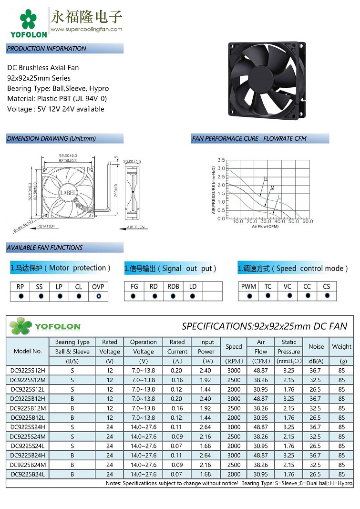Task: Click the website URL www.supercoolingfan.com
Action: (x=86, y=29)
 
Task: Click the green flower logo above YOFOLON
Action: (x=28, y=19)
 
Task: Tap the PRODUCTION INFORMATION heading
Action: (x=47, y=48)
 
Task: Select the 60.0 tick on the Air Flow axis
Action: (x=308, y=222)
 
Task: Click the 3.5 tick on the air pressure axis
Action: (x=221, y=160)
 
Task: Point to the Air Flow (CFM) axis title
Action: (x=265, y=227)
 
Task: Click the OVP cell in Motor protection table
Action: (x=98, y=287)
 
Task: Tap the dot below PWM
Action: (x=248, y=296)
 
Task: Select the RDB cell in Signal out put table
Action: (x=173, y=287)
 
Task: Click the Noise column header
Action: (x=316, y=347)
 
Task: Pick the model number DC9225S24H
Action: (x=28, y=427)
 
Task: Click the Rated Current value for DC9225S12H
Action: (x=177, y=370)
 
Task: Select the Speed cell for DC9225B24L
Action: (x=234, y=474)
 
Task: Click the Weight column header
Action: (x=341, y=347)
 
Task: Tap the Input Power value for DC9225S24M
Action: (x=206, y=436)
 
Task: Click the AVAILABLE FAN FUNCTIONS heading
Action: (x=45, y=248)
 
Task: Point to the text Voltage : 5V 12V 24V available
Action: (x=55, y=109)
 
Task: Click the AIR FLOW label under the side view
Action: (x=135, y=228)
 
